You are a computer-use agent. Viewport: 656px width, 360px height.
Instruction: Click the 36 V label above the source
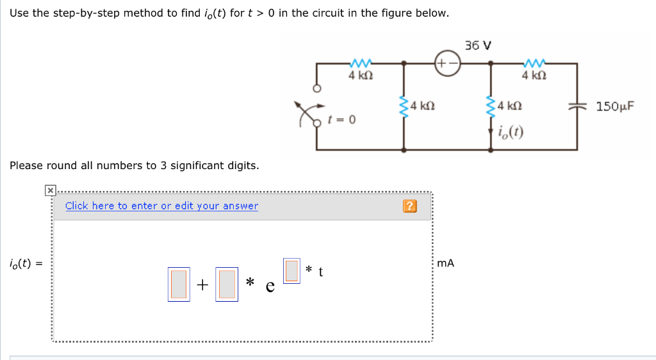[x=479, y=45]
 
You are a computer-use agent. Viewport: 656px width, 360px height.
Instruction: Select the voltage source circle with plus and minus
[x=447, y=63]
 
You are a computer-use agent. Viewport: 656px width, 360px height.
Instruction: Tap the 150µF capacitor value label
[x=615, y=106]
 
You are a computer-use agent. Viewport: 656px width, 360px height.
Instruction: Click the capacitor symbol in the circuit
[x=577, y=106]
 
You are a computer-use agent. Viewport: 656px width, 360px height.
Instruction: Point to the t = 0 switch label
[x=341, y=120]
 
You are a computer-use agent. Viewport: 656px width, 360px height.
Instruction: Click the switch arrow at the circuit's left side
[x=303, y=112]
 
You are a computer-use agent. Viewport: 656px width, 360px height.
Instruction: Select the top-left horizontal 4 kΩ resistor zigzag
[x=361, y=63]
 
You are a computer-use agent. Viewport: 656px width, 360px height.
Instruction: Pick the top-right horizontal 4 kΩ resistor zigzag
[x=533, y=63]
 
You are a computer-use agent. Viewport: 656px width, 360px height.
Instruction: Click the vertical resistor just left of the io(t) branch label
[x=491, y=107]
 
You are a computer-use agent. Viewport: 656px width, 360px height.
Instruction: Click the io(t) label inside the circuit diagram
[x=511, y=133]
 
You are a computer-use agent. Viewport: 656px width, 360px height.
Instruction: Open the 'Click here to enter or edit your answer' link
[x=161, y=206]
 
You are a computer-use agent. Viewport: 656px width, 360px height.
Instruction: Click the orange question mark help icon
[x=410, y=206]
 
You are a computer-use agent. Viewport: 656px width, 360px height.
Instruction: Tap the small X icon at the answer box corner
[x=50, y=190]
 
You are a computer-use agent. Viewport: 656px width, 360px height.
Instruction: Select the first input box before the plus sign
[x=178, y=284]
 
